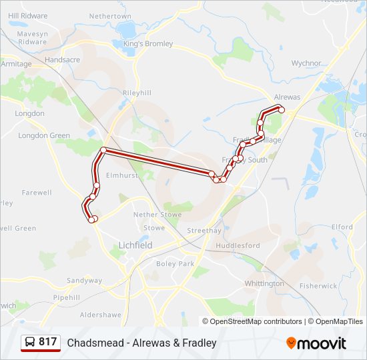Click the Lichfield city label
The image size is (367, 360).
point(135,245)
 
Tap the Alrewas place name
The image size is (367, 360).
point(287,97)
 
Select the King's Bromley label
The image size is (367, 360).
point(147,44)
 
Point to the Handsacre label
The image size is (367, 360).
point(61,59)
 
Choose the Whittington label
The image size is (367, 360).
point(264,283)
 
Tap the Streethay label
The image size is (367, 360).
point(204,231)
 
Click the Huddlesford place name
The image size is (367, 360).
point(237,245)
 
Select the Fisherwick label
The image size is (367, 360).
point(318,286)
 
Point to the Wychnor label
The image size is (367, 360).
point(306,63)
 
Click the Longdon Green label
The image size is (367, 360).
point(44,135)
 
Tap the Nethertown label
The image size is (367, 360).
point(110,15)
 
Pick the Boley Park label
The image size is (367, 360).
point(175,263)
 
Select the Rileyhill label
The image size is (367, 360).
point(137,93)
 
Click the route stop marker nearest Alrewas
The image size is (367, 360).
point(282,110)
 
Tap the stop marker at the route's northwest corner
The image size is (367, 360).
point(103,150)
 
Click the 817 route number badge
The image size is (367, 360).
point(41,342)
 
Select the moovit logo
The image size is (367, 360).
point(316,343)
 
